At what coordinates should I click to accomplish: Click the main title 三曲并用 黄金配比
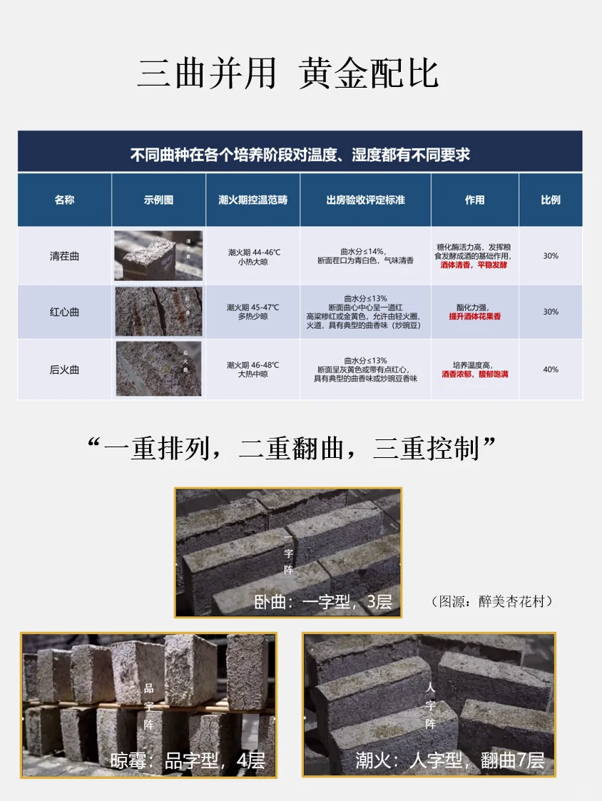tap(287, 73)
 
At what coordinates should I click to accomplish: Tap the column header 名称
tap(64, 200)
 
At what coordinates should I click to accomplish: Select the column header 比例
tap(550, 200)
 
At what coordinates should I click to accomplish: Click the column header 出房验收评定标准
tap(365, 200)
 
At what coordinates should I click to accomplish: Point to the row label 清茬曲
tap(64, 256)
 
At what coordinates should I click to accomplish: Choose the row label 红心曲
tap(64, 312)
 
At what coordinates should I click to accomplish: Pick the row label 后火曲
tap(64, 369)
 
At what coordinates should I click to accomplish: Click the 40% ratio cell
tap(550, 369)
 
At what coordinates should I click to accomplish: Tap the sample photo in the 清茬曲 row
tap(158, 255)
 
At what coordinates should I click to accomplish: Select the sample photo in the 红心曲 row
tap(158, 312)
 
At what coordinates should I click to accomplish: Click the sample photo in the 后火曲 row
tap(158, 369)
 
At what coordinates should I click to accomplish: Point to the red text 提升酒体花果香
tap(474, 317)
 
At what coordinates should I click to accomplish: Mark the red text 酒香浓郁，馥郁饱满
tap(474, 374)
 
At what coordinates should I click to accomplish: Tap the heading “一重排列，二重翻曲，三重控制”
tap(291, 449)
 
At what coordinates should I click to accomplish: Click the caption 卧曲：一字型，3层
tap(323, 602)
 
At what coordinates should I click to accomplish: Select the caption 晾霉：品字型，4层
tap(187, 760)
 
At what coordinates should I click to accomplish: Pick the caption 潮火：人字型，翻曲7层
tap(450, 760)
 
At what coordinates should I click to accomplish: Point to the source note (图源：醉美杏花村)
tap(492, 602)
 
